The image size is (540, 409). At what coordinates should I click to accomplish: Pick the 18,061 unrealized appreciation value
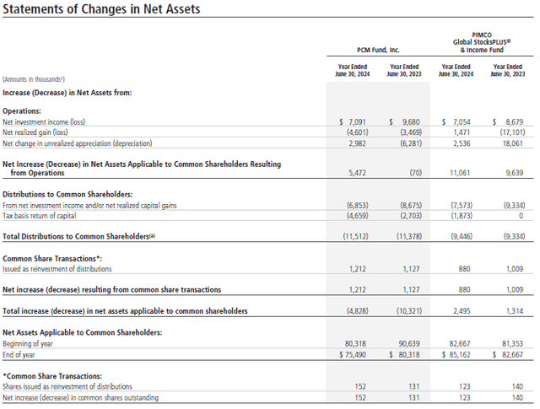tap(510, 143)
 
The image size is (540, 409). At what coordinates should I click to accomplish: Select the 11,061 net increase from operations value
tap(461, 172)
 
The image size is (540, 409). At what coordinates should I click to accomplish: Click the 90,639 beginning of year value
tap(406, 343)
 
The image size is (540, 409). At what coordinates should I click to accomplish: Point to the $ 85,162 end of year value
tap(458, 354)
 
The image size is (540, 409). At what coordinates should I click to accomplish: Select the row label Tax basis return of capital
tap(47, 214)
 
